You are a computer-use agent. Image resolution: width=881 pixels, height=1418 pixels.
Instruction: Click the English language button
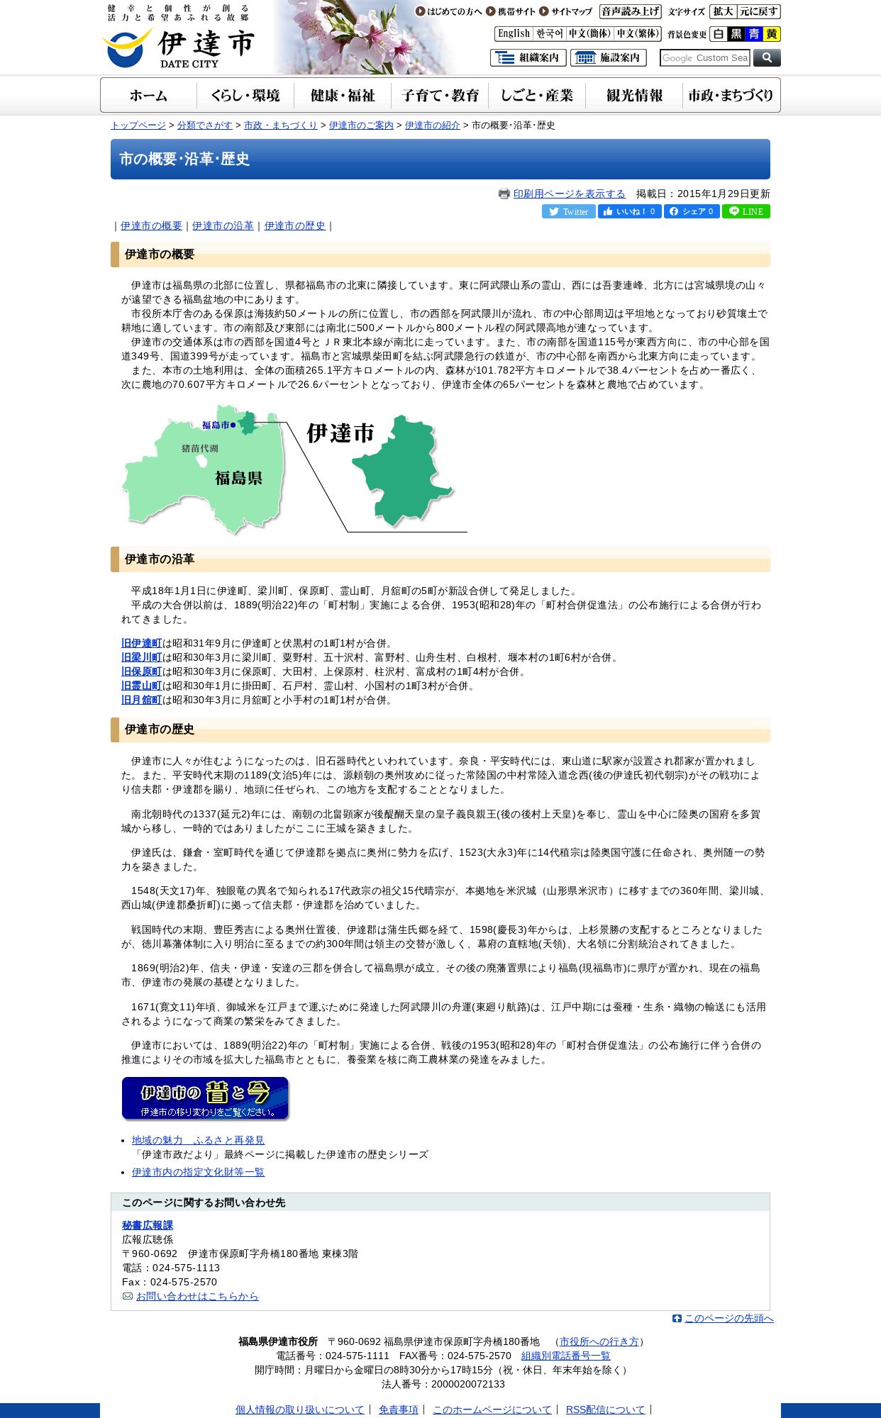[x=514, y=34]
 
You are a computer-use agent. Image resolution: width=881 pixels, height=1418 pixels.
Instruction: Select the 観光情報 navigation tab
[x=634, y=96]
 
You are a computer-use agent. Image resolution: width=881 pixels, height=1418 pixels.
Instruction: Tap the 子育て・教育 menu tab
[x=440, y=96]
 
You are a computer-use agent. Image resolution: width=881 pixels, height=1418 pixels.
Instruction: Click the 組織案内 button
[x=528, y=58]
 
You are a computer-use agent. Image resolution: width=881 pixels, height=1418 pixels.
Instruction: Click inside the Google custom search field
[x=704, y=58]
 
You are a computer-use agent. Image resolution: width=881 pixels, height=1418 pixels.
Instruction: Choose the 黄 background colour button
[x=771, y=34]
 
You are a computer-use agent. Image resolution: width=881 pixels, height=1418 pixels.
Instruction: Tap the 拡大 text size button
[x=723, y=11]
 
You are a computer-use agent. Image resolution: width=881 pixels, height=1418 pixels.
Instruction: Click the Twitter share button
[x=568, y=211]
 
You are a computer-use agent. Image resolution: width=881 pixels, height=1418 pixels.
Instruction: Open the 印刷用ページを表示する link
[x=569, y=194]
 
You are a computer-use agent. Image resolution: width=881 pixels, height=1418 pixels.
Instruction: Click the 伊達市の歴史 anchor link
[x=294, y=225]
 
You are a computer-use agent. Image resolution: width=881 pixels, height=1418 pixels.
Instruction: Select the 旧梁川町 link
[x=141, y=657]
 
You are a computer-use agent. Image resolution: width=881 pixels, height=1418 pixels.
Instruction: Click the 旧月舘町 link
[x=141, y=700]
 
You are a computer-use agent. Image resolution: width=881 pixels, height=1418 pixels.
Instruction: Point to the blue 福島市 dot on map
[x=233, y=425]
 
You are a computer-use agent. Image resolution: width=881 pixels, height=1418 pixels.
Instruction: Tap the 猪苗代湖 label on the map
[x=199, y=448]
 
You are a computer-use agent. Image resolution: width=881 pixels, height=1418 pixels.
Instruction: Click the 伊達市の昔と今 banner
[x=205, y=1098]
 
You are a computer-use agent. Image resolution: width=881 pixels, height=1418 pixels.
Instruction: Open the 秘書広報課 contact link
[x=148, y=1225]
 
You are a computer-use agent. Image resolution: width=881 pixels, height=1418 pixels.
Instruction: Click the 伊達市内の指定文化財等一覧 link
[x=198, y=1172]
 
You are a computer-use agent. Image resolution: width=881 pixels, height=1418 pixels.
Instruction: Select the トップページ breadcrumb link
[x=138, y=125]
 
